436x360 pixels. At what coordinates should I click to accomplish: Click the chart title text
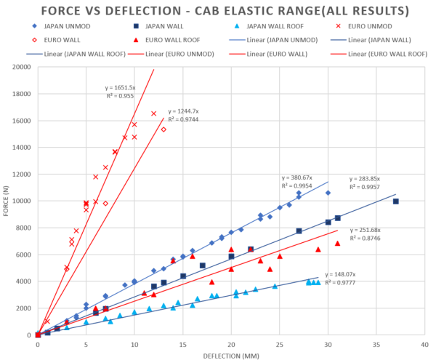[x=218, y=12]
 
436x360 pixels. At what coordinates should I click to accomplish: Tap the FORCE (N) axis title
[x=7, y=200]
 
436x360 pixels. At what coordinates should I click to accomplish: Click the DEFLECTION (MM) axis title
[x=230, y=353]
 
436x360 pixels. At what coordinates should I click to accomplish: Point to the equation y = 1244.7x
[x=184, y=111]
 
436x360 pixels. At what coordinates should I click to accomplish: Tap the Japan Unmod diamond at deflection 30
[x=328, y=193]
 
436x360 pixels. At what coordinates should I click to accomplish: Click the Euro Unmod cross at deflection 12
[x=153, y=113]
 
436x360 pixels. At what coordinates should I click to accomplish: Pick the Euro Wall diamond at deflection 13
[x=163, y=129]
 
